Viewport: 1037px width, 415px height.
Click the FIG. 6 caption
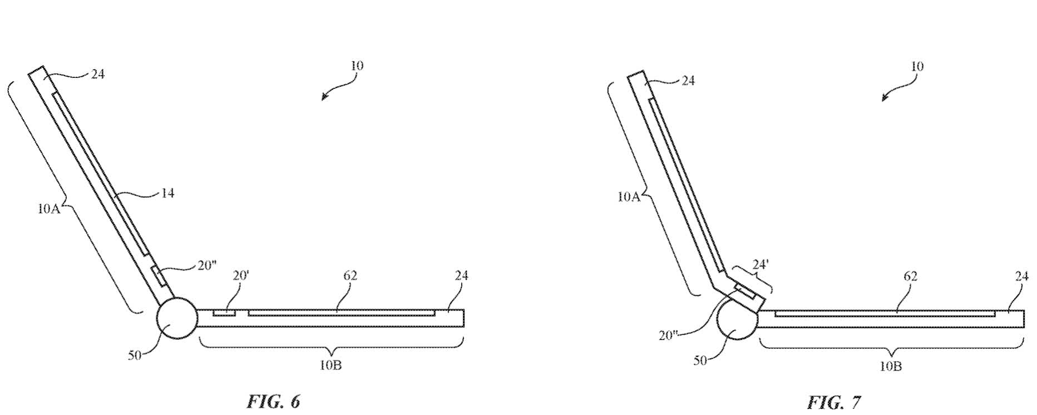pos(273,401)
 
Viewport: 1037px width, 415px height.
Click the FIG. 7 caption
pos(834,402)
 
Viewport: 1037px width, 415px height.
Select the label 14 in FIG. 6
pos(167,193)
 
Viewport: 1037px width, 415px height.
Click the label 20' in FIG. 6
pos(240,275)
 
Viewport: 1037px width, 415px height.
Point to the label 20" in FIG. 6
pos(206,265)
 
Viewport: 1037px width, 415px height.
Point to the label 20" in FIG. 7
pos(668,335)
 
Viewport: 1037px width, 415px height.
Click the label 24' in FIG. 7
pos(760,265)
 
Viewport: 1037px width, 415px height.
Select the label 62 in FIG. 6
pos(350,275)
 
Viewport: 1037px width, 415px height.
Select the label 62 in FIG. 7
pos(910,276)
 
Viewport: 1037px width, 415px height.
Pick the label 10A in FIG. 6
pos(49,209)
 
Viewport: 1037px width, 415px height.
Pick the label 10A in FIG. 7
pos(629,196)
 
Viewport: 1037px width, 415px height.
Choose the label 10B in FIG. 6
pos(330,365)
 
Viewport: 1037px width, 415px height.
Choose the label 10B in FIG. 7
pos(890,366)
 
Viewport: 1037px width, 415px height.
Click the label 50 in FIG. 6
pos(135,355)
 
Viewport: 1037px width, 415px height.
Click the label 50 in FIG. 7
pos(700,360)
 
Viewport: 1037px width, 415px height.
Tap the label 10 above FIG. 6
pos(357,65)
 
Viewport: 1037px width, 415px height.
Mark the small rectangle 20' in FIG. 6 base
pos(224,313)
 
